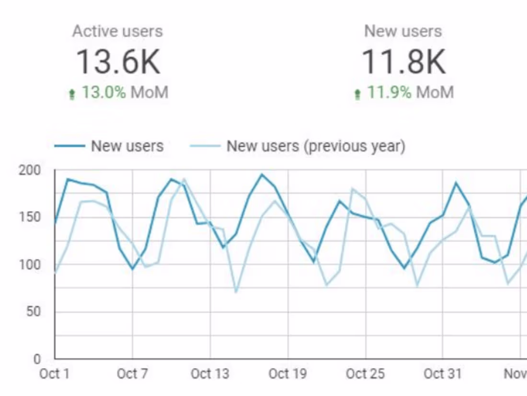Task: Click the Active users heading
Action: pyautogui.click(x=117, y=32)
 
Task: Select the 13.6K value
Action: pyautogui.click(x=118, y=62)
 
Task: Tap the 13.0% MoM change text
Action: pyautogui.click(x=125, y=92)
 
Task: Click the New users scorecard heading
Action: pyautogui.click(x=403, y=32)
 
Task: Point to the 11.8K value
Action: pyautogui.click(x=403, y=62)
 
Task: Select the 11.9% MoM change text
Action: pyautogui.click(x=410, y=92)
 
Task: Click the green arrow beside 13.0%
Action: pyautogui.click(x=72, y=94)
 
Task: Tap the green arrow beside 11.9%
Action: pyautogui.click(x=357, y=94)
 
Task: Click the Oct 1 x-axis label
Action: pyautogui.click(x=54, y=374)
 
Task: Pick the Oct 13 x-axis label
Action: pyautogui.click(x=210, y=374)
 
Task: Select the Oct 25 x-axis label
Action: pyautogui.click(x=365, y=374)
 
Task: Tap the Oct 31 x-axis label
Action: pyautogui.click(x=443, y=374)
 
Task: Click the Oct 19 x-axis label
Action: pyautogui.click(x=287, y=374)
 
